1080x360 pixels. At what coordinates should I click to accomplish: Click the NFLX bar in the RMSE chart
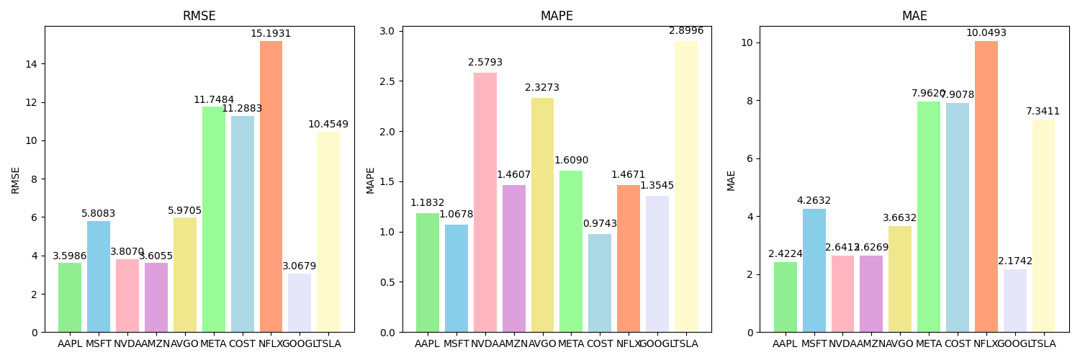point(271,187)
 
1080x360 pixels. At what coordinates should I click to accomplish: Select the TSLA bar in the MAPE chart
point(686,187)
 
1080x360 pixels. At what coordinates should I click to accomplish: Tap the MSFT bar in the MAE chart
point(814,270)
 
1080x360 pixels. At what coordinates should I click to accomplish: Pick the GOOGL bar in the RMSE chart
point(300,302)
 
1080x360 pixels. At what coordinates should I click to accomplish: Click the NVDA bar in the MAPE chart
point(485,202)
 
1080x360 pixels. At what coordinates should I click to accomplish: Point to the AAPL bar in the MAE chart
point(786,297)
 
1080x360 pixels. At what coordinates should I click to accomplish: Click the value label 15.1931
point(271,34)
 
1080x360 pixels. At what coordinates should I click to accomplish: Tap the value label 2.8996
point(686,31)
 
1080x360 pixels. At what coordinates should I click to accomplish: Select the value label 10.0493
point(986,33)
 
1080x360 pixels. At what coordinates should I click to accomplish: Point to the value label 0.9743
point(600,224)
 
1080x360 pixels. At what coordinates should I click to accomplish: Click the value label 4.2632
point(814,201)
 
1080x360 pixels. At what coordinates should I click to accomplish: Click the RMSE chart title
point(199,16)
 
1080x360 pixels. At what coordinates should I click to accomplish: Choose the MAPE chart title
point(557,16)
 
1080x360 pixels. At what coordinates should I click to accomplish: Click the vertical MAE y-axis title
point(731,180)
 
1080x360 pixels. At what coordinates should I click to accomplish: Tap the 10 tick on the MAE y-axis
point(747,42)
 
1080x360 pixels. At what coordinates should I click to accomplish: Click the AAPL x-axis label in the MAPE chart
point(427,344)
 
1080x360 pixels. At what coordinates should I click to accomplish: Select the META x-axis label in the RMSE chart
point(214,344)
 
